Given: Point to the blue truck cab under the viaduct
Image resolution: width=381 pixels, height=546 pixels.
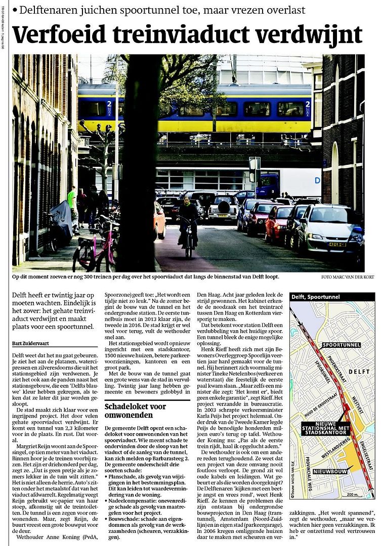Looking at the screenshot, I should click(x=268, y=186).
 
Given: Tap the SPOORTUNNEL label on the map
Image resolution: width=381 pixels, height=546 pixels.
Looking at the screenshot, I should click(x=342, y=345).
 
